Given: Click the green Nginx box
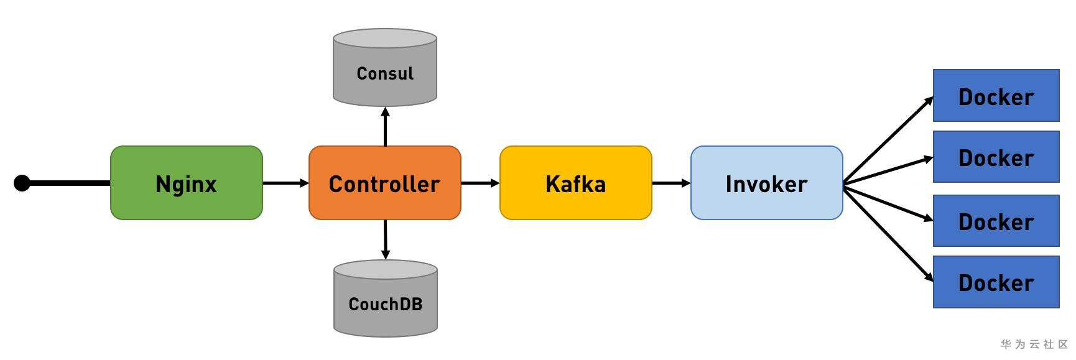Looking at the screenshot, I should pyautogui.click(x=187, y=183).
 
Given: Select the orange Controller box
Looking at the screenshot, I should pyautogui.click(x=384, y=183).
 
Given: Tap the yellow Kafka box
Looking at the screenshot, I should pyautogui.click(x=575, y=183).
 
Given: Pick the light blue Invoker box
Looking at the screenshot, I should pyautogui.click(x=766, y=183).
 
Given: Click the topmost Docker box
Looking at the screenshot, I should pyautogui.click(x=996, y=96).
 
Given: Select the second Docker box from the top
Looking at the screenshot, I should pyautogui.click(x=996, y=157).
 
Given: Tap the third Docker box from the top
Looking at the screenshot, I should pyautogui.click(x=996, y=221).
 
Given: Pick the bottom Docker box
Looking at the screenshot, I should pyautogui.click(x=996, y=282).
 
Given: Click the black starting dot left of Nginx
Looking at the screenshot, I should pyautogui.click(x=22, y=183).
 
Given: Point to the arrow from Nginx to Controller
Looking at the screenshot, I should pyautogui.click(x=285, y=183).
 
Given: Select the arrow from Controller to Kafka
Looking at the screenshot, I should pyautogui.click(x=480, y=183).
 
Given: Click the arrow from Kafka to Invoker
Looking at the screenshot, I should pyautogui.click(x=670, y=183).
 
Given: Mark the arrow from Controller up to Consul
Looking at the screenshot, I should pyautogui.click(x=385, y=127).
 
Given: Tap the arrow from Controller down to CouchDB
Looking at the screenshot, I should pyautogui.click(x=385, y=239).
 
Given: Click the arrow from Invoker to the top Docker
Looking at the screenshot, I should pyautogui.click(x=888, y=140).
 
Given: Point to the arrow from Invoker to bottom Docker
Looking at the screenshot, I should pyautogui.click(x=888, y=232).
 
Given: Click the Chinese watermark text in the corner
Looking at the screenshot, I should pyautogui.click(x=1034, y=344).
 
